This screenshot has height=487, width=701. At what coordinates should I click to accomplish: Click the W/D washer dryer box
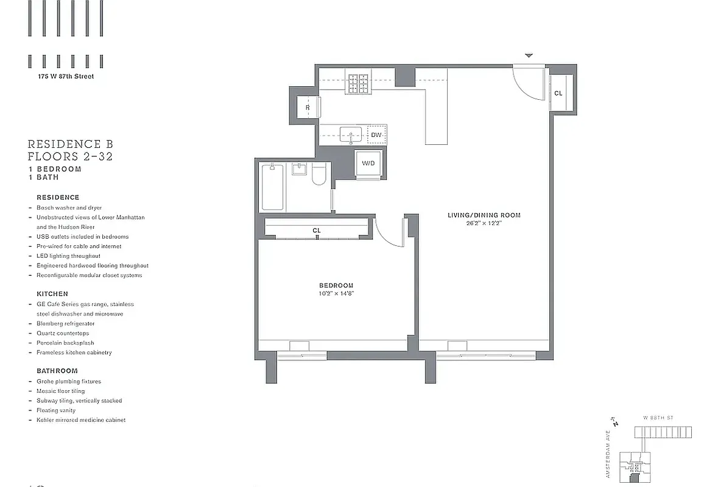click(368, 163)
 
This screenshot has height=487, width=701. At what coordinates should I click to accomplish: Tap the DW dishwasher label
click(376, 135)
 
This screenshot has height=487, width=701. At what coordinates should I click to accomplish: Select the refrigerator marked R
click(308, 108)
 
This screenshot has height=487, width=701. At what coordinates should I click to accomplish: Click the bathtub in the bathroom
click(273, 187)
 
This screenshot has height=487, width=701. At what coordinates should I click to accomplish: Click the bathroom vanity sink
click(299, 169)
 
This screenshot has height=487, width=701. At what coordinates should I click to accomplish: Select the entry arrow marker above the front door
click(529, 56)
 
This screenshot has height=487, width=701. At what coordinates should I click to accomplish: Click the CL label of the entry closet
click(558, 93)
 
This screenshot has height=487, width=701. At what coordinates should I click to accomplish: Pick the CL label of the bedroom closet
click(316, 231)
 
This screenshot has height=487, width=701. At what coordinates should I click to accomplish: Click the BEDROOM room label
click(336, 286)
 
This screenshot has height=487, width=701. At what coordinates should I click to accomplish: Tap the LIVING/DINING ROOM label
click(484, 215)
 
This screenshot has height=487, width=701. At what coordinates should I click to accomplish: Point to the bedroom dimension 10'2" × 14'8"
click(336, 293)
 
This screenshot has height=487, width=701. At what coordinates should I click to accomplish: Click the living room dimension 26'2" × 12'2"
click(484, 223)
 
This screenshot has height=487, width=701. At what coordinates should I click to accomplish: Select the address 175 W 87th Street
click(66, 77)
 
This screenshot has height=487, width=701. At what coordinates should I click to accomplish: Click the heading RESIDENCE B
click(70, 144)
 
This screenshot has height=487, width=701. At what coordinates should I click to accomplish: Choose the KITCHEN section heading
click(52, 293)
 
